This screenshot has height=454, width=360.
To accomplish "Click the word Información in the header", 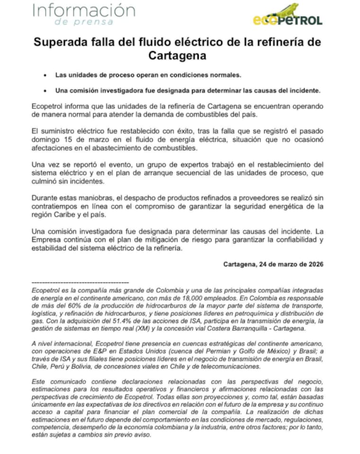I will point(83,10).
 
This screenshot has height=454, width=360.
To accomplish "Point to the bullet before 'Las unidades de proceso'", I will point(44,75).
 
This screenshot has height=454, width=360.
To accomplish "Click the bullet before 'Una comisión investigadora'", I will point(44,90).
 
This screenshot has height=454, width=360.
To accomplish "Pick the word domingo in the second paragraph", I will point(48,140).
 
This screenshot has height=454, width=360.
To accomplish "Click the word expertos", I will point(174,164).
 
